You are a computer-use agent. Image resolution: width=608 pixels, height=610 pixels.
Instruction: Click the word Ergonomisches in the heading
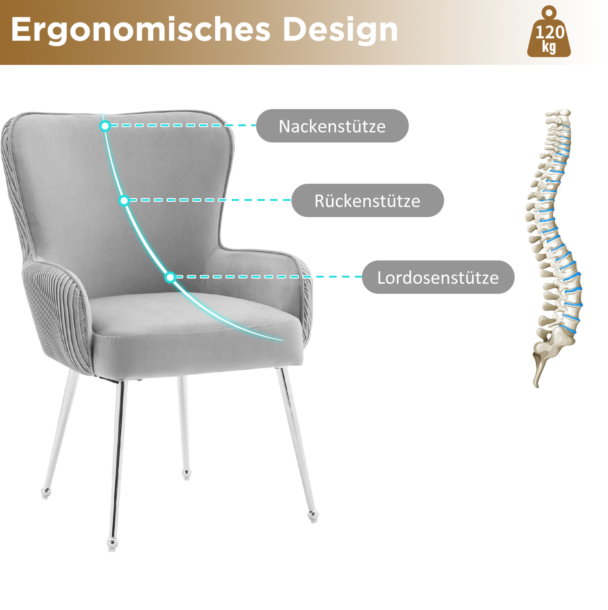141,30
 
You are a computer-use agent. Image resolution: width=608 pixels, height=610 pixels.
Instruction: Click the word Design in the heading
341,30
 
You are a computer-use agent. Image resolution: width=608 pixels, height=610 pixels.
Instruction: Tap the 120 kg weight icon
549,32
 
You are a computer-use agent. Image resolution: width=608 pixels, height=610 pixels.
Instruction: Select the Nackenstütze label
332,126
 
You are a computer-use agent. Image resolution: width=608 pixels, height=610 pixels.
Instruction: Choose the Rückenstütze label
368,201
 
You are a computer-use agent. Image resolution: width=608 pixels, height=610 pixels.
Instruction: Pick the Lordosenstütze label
438,277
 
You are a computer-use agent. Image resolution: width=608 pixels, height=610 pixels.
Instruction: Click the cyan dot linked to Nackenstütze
105,126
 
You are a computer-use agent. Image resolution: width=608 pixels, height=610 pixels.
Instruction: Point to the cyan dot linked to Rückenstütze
124,201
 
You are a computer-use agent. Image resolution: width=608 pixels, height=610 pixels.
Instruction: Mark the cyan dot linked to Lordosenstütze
170,277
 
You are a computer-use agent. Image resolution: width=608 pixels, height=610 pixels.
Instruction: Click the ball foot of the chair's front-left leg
112,543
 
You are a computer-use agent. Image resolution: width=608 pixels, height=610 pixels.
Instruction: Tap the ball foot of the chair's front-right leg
313,516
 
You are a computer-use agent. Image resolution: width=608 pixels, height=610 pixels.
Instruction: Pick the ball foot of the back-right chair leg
187,474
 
